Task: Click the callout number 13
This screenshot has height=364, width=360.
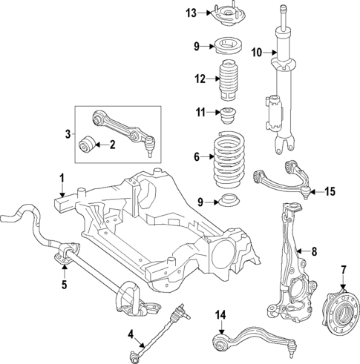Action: coord(191,13)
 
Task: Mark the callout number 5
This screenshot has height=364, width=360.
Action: coord(63,283)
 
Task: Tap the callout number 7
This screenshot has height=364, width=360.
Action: coord(343,268)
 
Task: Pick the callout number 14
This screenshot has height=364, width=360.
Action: coord(219,315)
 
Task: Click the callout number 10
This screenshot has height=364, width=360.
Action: coord(256,52)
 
